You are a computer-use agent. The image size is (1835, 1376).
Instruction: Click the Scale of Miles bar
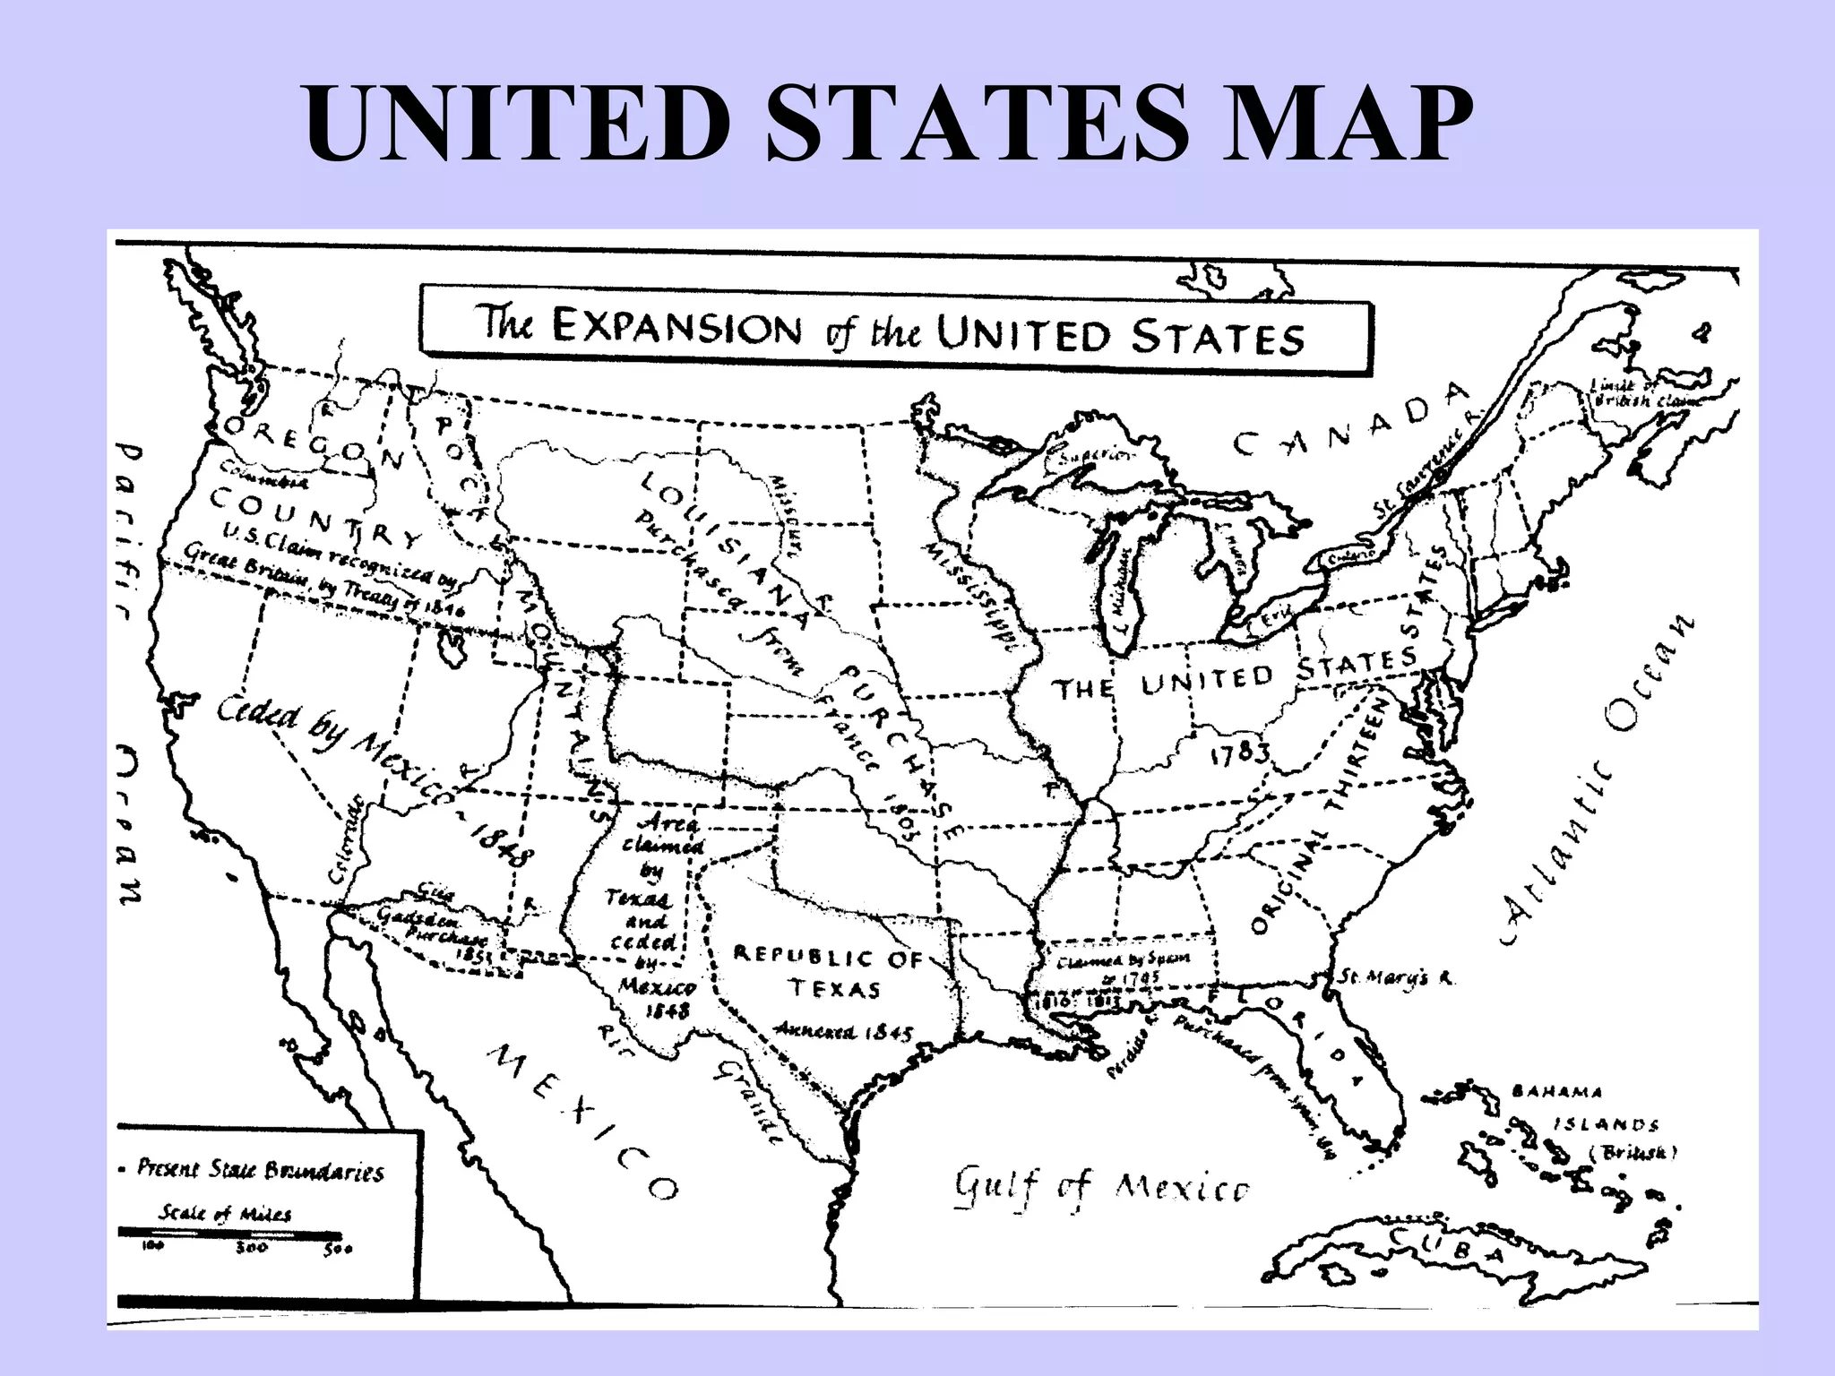click(x=229, y=1234)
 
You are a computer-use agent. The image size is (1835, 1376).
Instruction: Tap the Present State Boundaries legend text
click(x=260, y=1170)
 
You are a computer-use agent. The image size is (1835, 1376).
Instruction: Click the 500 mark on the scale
click(x=338, y=1251)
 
